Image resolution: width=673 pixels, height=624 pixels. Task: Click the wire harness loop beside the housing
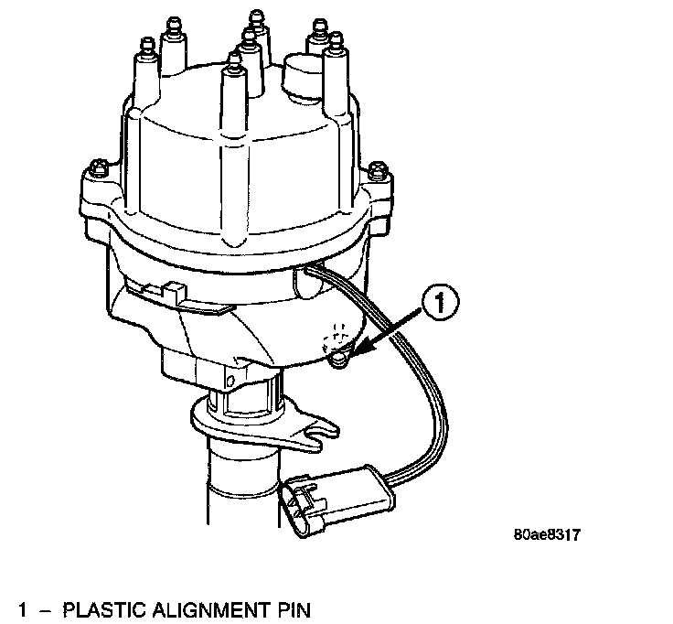pyautogui.click(x=430, y=403)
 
